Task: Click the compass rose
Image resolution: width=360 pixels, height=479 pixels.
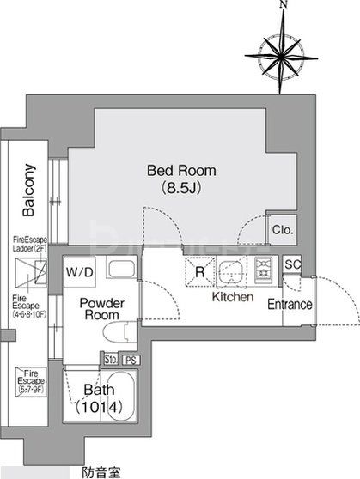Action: click(x=281, y=51)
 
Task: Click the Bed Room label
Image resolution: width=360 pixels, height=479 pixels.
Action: click(x=180, y=170)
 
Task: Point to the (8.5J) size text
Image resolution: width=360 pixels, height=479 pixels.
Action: click(x=180, y=186)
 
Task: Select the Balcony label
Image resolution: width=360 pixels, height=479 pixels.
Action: click(x=28, y=190)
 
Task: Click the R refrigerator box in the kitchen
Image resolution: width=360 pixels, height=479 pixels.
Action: click(x=199, y=273)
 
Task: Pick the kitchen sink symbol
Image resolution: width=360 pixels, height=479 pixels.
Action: click(x=229, y=272)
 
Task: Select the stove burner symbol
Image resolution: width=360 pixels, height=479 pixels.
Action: click(x=263, y=270)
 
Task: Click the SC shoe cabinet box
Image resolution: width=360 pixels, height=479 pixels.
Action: click(x=291, y=264)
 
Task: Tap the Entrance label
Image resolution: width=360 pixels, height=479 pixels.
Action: click(x=289, y=305)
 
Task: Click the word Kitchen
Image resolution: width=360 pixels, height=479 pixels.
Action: click(x=233, y=297)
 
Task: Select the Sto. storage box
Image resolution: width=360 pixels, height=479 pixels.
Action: click(x=111, y=360)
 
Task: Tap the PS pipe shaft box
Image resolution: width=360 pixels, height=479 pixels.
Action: click(x=131, y=360)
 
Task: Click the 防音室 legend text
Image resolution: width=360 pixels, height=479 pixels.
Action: click(x=101, y=471)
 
